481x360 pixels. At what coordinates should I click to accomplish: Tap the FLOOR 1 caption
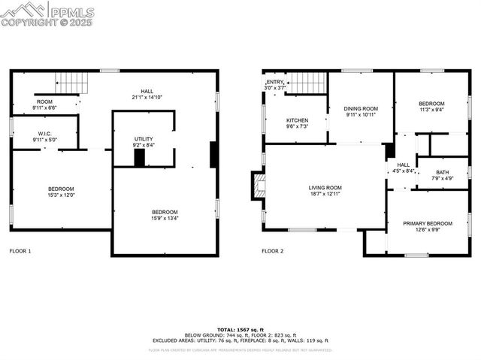pos(20,250)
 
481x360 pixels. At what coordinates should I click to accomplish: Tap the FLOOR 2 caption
pos(272,250)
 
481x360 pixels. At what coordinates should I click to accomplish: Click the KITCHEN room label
pos(297,120)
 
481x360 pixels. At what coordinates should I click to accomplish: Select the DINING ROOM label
pos(362,109)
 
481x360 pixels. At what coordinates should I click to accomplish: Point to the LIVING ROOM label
pos(325,188)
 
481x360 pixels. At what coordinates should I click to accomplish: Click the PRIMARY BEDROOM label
pos(427,223)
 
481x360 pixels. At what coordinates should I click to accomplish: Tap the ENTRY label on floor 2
pos(275,82)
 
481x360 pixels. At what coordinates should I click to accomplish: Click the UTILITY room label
pos(144,139)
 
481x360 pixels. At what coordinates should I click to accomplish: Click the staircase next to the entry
pos(307,82)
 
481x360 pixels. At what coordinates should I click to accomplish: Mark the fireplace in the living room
pos(259,186)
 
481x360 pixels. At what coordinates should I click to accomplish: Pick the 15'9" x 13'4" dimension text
pos(165,218)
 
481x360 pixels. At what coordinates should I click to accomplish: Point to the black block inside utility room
pos(139,158)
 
